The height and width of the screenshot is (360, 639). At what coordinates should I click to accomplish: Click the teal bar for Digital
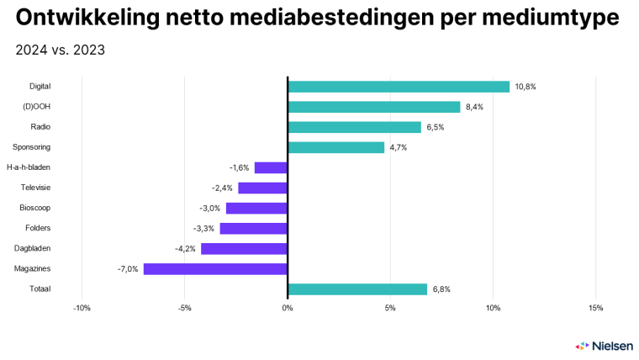click(x=399, y=87)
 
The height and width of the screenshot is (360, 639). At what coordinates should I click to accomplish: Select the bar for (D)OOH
click(x=374, y=107)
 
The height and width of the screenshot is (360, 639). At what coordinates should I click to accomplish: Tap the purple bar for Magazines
click(x=215, y=269)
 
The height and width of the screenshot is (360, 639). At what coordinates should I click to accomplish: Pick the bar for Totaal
click(x=357, y=289)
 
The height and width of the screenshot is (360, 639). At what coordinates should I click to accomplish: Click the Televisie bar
click(x=262, y=188)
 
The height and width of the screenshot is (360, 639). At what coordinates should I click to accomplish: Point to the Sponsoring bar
click(x=335, y=147)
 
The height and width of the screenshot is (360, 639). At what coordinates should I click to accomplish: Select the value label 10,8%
click(x=525, y=87)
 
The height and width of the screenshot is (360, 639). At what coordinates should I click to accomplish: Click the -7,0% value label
click(x=128, y=269)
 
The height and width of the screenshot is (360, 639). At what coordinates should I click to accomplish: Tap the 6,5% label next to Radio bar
click(x=436, y=127)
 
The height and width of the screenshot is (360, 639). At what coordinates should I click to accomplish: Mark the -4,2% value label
click(x=185, y=249)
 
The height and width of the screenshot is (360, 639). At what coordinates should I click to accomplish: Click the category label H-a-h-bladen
click(x=28, y=167)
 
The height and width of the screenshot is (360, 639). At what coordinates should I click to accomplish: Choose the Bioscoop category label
click(x=34, y=208)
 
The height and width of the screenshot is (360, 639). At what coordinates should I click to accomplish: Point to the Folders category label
click(x=37, y=228)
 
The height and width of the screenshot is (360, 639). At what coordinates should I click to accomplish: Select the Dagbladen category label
click(x=32, y=249)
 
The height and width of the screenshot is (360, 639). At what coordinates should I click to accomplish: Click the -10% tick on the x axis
click(x=82, y=308)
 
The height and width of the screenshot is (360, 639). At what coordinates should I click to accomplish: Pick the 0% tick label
click(x=288, y=308)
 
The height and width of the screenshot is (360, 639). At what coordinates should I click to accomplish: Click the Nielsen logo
click(x=600, y=346)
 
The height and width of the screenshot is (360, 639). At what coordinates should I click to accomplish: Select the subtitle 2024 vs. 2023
click(x=60, y=50)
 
